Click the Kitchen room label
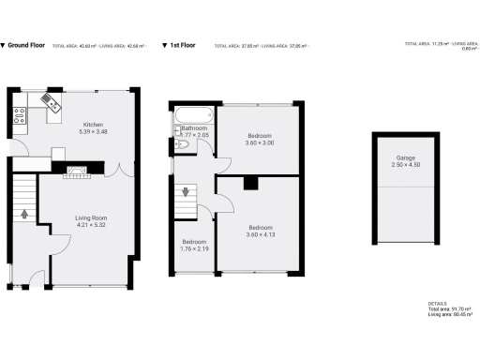[93, 125]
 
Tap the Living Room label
[91, 218]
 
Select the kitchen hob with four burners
[18, 116]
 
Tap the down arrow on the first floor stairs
[186, 193]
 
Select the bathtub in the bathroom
[193, 117]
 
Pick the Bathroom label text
[194, 127]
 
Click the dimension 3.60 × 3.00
[260, 142]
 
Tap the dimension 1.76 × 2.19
[194, 248]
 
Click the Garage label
[405, 158]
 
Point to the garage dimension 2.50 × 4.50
[405, 165]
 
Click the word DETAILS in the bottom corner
[437, 304]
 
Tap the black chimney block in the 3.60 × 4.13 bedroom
[249, 184]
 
